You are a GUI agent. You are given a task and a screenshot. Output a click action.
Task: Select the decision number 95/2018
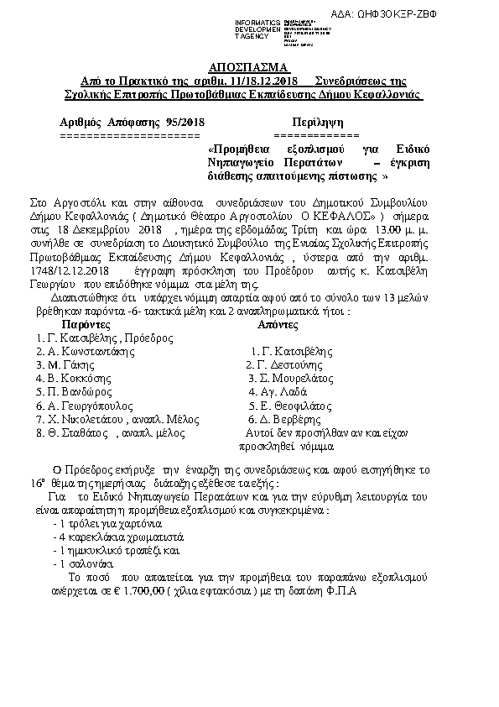pos(185,123)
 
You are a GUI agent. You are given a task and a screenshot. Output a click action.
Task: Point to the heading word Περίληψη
pos(316,123)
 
